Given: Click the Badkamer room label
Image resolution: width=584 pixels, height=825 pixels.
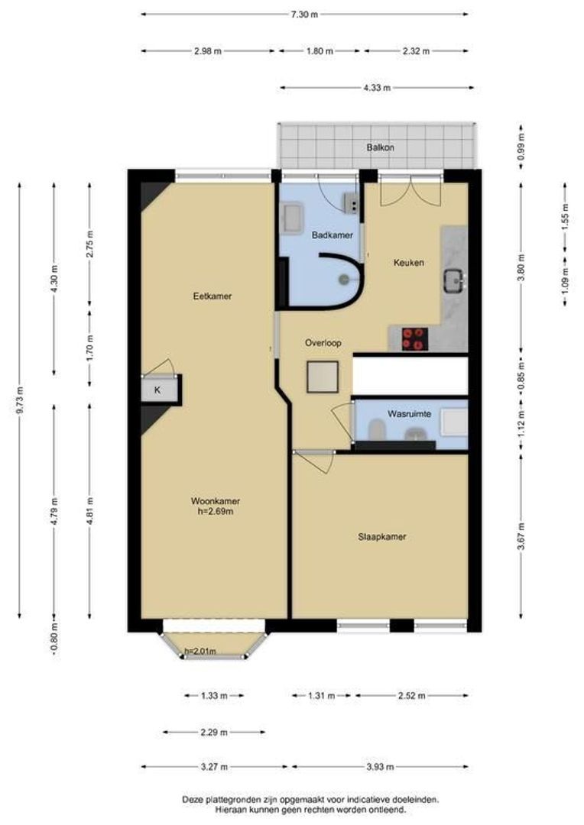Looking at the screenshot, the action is tap(332, 235).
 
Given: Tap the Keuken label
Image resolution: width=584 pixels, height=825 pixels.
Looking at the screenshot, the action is tap(409, 263).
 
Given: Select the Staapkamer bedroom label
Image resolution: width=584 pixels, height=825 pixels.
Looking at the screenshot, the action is tap(381, 537).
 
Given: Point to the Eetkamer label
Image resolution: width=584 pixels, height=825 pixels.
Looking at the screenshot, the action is tap(213, 296).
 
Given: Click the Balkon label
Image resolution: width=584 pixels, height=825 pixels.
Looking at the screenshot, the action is tap(380, 148).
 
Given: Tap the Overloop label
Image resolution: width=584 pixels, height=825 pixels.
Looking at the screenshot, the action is tap(323, 343).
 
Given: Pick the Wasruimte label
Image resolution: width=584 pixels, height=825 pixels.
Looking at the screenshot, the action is tap(409, 414).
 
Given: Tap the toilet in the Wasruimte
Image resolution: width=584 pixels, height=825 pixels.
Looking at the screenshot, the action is tap(376, 430).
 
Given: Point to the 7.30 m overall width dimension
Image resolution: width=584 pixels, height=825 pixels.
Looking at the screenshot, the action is tap(304, 15).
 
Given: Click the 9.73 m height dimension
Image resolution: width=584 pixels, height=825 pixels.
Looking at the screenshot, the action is tap(20, 400).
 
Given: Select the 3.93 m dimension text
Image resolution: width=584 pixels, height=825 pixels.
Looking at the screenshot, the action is tap(380, 767).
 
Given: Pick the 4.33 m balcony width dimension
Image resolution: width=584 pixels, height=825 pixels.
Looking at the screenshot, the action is tap(377, 88).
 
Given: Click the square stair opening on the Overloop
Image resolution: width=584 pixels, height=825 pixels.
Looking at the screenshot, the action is tap(323, 377).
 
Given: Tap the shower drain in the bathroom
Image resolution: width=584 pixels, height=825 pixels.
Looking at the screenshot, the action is tap(345, 279).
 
